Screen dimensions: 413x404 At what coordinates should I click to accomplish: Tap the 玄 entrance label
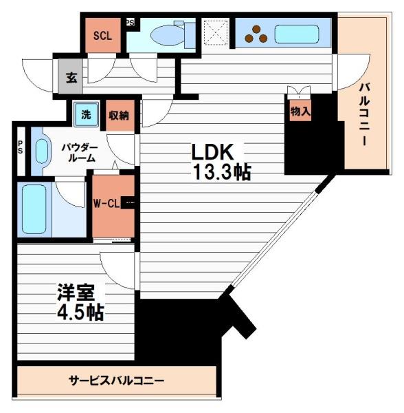71,77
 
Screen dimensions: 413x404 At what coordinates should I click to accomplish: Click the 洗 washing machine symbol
86,115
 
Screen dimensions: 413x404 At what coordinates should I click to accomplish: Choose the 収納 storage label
120,116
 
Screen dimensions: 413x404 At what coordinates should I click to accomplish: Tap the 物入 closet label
299,111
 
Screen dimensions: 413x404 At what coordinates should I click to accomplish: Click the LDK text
214,151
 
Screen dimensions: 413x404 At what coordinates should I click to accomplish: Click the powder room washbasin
43,151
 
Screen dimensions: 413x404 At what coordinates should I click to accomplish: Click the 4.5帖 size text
80,313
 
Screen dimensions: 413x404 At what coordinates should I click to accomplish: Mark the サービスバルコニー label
116,380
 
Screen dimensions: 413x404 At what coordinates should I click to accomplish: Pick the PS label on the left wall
20,145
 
